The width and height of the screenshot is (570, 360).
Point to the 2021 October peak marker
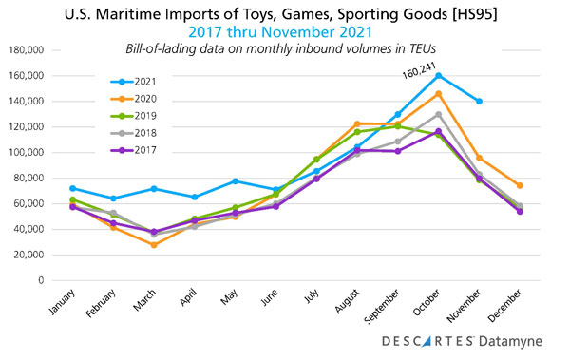(438, 75)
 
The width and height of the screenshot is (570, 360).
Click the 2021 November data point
(479, 101)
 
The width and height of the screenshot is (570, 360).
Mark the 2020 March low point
(154, 245)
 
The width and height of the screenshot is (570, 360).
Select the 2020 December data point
(520, 185)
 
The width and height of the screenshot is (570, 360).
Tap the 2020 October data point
(438, 93)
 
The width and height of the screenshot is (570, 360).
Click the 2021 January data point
(72, 188)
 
